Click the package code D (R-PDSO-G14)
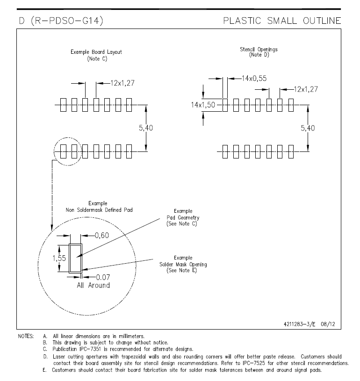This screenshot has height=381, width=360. pyautogui.click(x=61, y=21)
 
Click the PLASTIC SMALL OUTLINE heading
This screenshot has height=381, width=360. pyautogui.click(x=282, y=21)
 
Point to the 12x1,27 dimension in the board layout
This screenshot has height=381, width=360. pyautogui.click(x=122, y=83)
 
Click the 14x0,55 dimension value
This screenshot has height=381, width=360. pyautogui.click(x=254, y=78)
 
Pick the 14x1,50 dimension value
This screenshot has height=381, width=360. pyautogui.click(x=203, y=105)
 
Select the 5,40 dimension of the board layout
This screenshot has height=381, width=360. pyautogui.click(x=146, y=128)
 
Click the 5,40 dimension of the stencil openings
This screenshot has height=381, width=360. pyautogui.click(x=308, y=128)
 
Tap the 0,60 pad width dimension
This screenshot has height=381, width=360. pyautogui.click(x=101, y=235)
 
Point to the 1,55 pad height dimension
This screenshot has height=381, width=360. pyautogui.click(x=59, y=258)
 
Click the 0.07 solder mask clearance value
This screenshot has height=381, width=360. pyautogui.click(x=103, y=277)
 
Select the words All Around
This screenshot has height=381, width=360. pyautogui.click(x=94, y=285)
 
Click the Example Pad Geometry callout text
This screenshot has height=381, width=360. pyautogui.click(x=183, y=217)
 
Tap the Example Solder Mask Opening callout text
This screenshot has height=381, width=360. pyautogui.click(x=183, y=264)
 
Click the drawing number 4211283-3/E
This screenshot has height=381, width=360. pyautogui.click(x=300, y=324)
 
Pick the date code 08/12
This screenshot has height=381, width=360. pyautogui.click(x=328, y=324)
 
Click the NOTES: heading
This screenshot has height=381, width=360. pyautogui.click(x=26, y=336)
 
